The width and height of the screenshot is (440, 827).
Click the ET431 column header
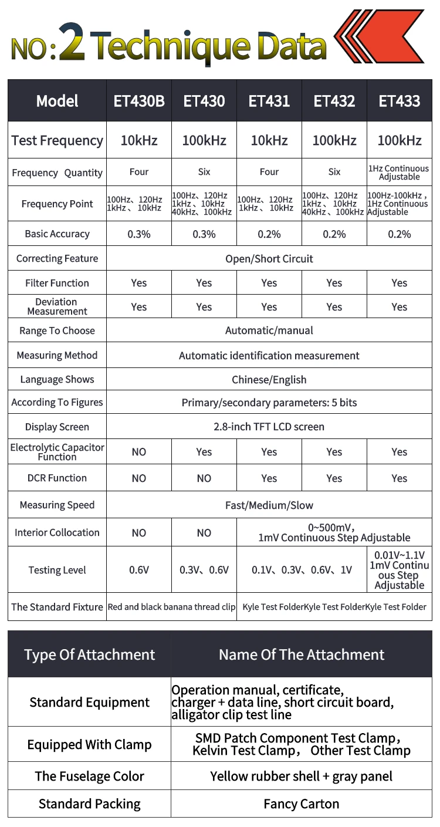point(269,101)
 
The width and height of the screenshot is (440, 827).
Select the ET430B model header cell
point(139,101)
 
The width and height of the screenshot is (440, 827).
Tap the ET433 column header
point(400,101)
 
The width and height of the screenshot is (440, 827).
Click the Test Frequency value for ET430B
point(139,140)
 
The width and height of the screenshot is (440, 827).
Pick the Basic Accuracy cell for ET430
point(204,234)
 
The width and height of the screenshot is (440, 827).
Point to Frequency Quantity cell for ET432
point(334,172)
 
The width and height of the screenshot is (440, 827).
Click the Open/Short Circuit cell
point(269,259)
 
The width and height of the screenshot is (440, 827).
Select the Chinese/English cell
point(269,380)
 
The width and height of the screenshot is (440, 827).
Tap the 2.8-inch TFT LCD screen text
point(269,427)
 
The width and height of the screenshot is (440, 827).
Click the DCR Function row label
point(57,478)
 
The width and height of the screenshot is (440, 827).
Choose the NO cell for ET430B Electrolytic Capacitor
point(139,452)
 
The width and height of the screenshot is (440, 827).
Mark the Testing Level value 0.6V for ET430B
point(139,570)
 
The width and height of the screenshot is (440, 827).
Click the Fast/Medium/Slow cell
point(269,505)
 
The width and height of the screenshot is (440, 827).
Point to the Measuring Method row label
point(57,355)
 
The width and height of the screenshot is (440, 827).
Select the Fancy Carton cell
point(302,804)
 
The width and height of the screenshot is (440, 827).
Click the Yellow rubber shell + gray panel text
point(302,777)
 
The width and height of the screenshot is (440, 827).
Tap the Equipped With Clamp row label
point(89,745)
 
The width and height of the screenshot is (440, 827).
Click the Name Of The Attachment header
point(302,655)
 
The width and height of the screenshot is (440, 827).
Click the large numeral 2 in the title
point(72,42)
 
